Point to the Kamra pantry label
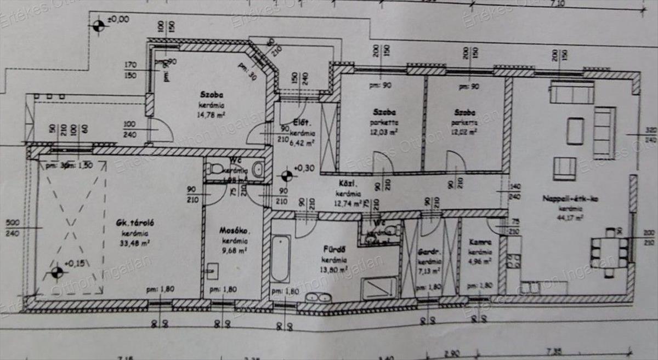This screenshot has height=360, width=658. tap(479, 242)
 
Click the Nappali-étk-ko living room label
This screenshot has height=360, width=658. tap(563, 199)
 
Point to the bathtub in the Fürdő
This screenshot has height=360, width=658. tap(280, 258)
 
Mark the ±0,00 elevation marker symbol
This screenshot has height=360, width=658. tap(98, 25)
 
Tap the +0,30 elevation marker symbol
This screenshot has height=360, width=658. tap(286, 175)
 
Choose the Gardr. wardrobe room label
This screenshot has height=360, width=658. tap(429, 252)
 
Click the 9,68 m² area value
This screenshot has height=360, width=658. tap(234, 250)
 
